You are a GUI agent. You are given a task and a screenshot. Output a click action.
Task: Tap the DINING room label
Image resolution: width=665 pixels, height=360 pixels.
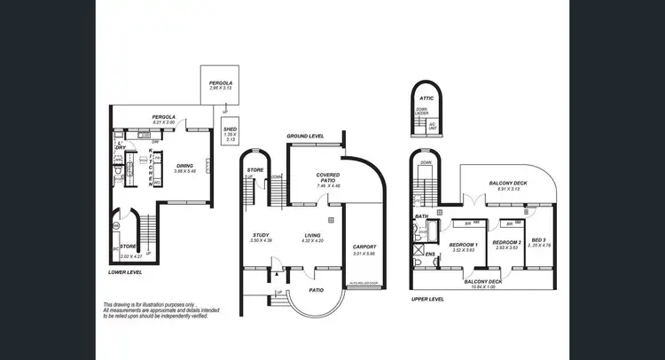point(184,165)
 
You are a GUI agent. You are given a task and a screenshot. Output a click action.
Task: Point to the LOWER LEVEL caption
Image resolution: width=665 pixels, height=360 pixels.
point(126,273)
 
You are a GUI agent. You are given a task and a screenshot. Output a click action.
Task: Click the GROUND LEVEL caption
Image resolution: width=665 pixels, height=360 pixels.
point(305,136)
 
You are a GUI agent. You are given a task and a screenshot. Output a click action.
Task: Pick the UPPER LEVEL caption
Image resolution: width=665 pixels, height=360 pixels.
point(428,300)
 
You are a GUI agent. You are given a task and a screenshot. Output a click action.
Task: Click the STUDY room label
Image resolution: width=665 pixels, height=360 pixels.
point(260,235)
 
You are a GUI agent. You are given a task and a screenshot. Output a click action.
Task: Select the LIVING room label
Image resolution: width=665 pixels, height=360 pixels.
point(312,235)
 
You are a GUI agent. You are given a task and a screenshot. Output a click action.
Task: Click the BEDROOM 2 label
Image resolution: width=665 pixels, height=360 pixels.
point(506,242)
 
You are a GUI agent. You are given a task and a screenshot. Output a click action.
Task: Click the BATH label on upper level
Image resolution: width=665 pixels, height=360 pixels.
point(421,215)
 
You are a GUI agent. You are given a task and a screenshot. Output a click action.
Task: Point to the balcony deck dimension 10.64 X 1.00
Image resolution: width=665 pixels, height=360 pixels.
point(483,286)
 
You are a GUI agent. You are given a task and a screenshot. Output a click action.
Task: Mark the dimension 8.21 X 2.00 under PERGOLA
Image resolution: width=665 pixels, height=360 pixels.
point(162,123)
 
